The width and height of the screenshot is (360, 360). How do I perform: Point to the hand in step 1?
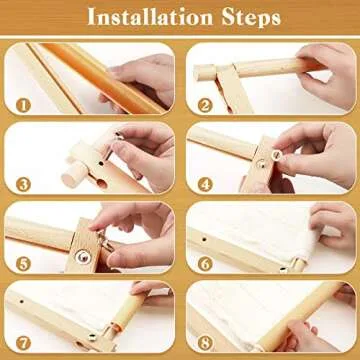(x=145, y=80)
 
